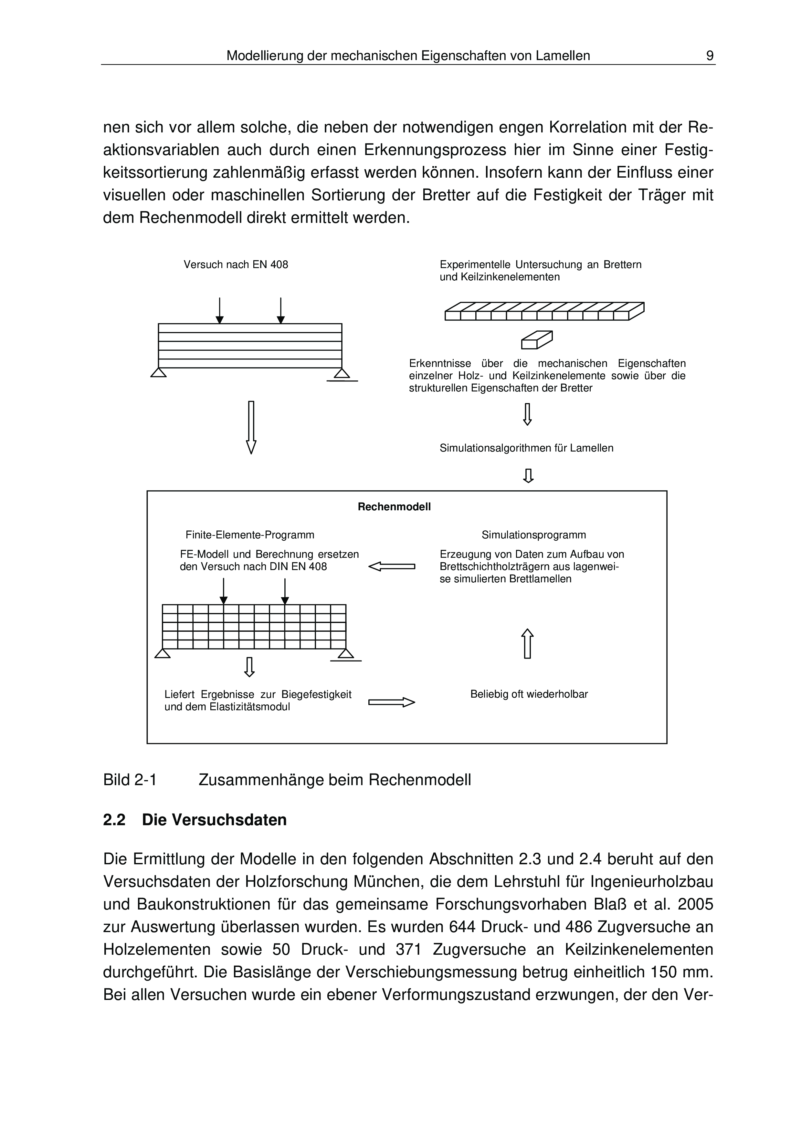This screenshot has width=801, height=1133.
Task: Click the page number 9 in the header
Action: click(710, 56)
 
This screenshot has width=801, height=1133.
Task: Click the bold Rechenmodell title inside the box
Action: click(394, 507)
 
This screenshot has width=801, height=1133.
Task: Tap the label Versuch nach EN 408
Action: click(236, 265)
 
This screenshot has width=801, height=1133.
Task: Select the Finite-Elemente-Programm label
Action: click(250, 535)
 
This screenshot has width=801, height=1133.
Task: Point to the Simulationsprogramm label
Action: click(533, 535)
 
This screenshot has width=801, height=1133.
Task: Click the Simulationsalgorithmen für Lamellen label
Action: click(526, 448)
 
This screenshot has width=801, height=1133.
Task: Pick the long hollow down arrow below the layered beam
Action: click(251, 427)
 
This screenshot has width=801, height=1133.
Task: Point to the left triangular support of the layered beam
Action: click(158, 373)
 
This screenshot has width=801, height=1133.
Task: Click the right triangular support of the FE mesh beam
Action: click(345, 653)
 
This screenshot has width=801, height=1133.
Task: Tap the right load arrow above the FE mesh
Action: click(285, 591)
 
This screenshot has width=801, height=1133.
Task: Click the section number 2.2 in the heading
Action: click(114, 820)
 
